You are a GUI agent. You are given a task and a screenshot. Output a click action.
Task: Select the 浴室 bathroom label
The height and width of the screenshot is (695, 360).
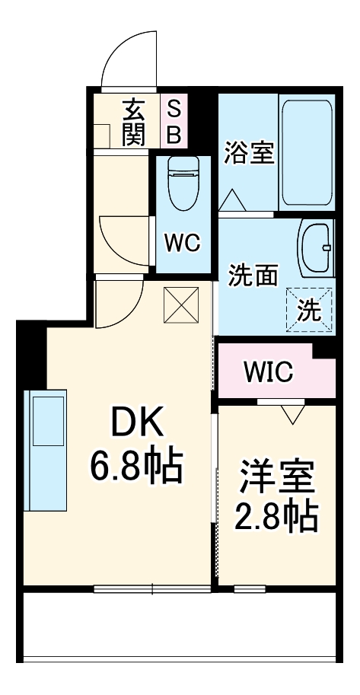pos(248,152)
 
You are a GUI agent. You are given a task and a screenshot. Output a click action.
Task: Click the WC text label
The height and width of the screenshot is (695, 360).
pos(183,244)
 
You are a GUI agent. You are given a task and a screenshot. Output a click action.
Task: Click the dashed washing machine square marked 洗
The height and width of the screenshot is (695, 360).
pos(310,309)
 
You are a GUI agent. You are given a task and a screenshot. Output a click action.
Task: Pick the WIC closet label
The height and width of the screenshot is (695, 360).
pos(268,372)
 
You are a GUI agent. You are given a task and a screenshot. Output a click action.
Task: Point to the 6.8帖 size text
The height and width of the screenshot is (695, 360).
pos(138,466)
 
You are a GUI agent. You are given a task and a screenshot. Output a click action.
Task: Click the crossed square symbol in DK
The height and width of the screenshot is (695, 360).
pos(181,305)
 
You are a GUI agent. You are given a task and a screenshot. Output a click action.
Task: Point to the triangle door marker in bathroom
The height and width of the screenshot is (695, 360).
pos(232,201)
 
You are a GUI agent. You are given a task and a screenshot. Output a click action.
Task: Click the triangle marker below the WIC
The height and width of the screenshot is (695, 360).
pos(292,415)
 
